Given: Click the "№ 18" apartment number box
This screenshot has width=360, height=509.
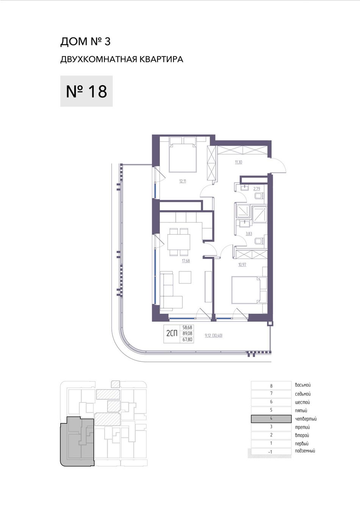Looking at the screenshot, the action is (x=86, y=91).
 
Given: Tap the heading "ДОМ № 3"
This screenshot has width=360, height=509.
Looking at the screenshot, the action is (x=85, y=42).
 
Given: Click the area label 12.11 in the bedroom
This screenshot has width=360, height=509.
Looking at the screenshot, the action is (x=183, y=181).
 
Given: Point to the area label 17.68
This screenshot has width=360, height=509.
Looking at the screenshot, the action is (x=186, y=261).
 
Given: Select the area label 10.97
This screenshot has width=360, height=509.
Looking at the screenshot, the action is (x=242, y=264).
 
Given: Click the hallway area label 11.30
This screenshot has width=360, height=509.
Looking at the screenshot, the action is (x=239, y=162).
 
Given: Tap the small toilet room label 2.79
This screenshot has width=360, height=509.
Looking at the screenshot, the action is (x=257, y=189).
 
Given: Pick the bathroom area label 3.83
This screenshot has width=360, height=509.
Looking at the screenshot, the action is (x=249, y=234).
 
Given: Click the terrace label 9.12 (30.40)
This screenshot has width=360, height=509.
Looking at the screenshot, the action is (x=214, y=336).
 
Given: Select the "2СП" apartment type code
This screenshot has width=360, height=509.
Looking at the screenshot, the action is (x=172, y=334).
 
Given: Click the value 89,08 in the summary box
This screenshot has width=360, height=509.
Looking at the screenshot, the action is (x=187, y=334).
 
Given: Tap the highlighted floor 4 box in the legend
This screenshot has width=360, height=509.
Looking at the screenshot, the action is (x=271, y=419).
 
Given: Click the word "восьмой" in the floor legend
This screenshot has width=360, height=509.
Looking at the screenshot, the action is (x=303, y=385).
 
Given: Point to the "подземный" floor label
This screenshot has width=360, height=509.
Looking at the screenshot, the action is (x=305, y=451).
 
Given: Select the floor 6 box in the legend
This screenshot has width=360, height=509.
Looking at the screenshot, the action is (x=271, y=402).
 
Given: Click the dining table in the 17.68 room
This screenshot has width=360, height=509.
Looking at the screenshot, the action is (x=179, y=242).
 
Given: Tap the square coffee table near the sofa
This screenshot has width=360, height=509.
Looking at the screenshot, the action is (x=185, y=277).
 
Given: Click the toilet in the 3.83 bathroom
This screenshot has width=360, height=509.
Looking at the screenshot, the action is (x=260, y=241).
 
